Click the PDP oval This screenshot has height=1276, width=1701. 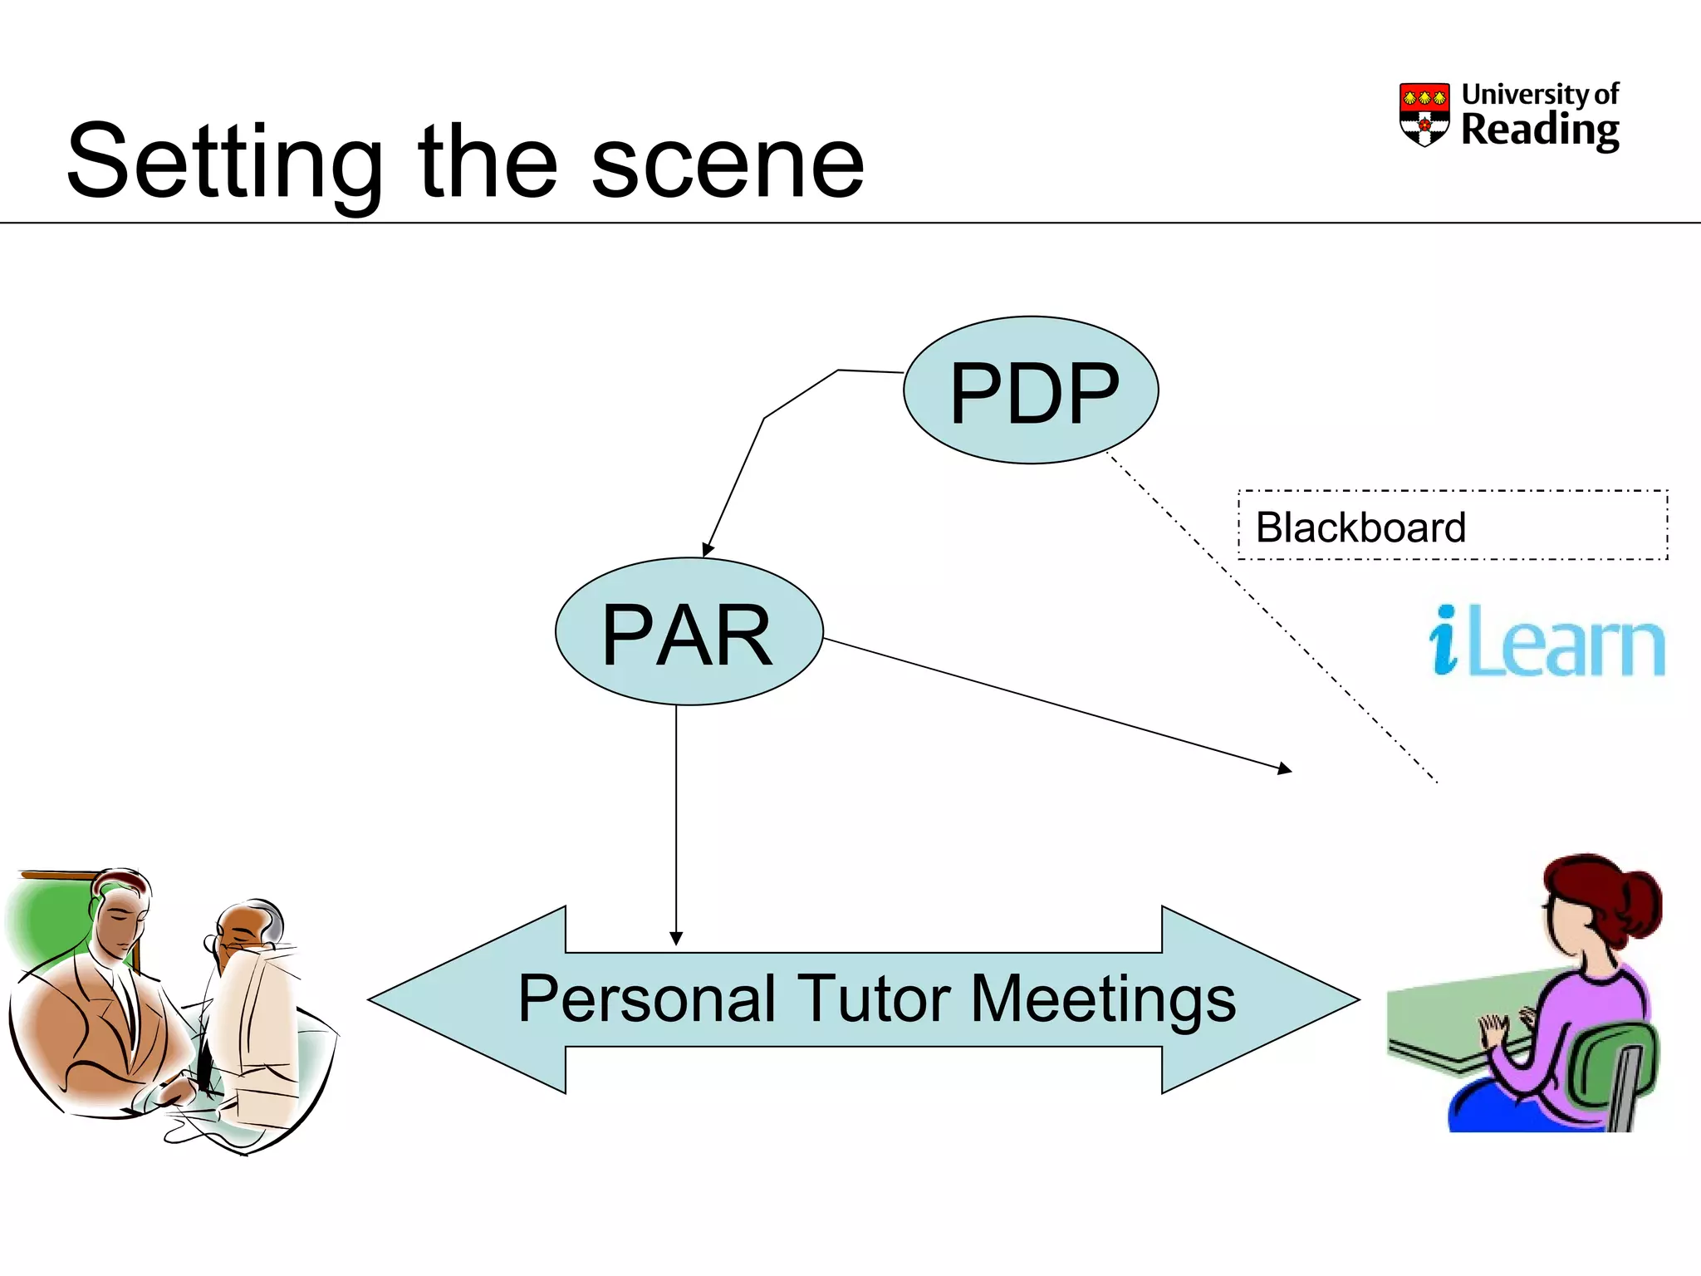click(1031, 390)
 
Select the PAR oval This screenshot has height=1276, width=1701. click(689, 632)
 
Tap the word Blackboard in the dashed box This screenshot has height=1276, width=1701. click(1360, 528)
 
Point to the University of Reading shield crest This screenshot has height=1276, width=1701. click(1424, 114)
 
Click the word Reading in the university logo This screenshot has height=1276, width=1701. click(1539, 130)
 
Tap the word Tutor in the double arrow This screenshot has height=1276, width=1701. click(873, 999)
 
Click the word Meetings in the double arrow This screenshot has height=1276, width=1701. click(1103, 999)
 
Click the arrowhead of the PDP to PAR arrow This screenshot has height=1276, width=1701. click(708, 549)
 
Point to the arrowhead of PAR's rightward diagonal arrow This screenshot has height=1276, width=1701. click(1285, 769)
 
